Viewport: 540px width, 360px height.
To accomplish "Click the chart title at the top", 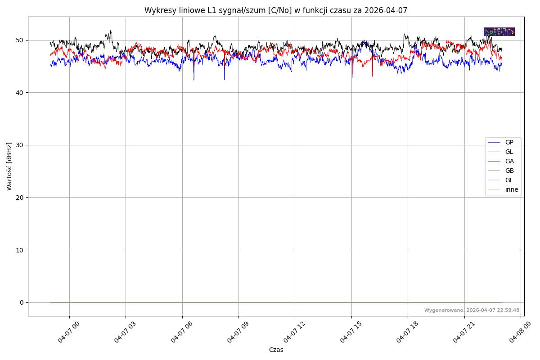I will pos(276,10).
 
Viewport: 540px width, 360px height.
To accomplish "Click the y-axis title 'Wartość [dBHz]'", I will pos(9,166).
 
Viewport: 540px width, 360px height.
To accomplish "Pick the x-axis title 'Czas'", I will pos(276,350).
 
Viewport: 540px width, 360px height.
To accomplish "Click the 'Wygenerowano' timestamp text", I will pos(472,310).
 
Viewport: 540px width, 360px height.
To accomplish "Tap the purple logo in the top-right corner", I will pos(499,31).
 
